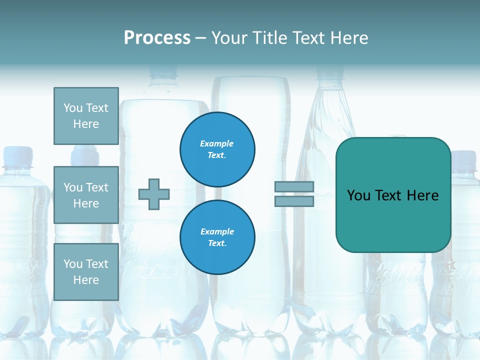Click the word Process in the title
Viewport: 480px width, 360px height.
coord(157,38)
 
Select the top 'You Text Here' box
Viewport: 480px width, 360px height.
coord(86,116)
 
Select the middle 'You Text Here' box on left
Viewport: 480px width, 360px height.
coord(86,195)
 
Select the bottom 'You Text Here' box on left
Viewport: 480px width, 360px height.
coord(86,271)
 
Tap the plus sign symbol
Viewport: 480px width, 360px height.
coord(154,194)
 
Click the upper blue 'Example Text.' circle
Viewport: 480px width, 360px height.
coord(217,149)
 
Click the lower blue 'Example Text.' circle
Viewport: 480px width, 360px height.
coord(217,237)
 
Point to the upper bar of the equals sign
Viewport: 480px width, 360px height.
coord(294,186)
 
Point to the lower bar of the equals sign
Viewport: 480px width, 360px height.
coord(294,201)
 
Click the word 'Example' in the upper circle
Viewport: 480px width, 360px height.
coord(217,143)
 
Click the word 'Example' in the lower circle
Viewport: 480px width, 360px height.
coord(217,231)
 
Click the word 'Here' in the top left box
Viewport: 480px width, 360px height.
coord(86,124)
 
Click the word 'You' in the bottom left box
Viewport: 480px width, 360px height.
coord(73,264)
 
